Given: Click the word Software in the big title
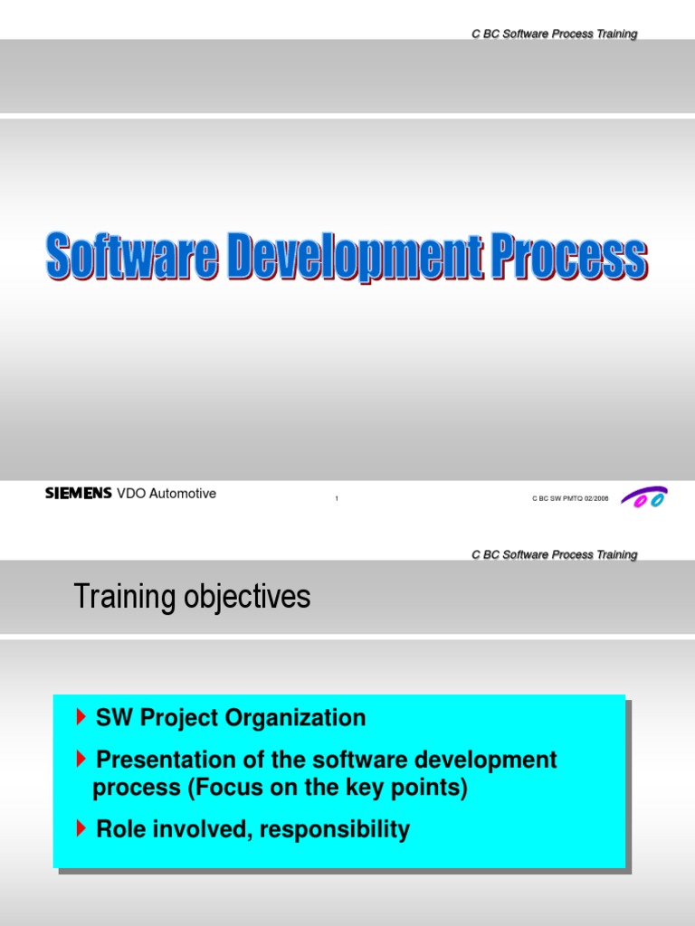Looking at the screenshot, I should point(132,257).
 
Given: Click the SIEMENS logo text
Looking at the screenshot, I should point(79,494).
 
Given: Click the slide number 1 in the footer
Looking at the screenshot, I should point(337,499).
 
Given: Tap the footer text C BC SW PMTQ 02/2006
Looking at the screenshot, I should point(570,498).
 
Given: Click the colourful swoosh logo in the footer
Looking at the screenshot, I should point(643,497).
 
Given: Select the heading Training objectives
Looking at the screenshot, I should point(191,597).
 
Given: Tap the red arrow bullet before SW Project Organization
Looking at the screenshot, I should point(83,718).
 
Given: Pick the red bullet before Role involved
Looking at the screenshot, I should point(83,829).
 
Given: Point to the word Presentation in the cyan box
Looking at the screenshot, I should point(164,760).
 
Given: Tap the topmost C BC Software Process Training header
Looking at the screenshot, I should point(554,34).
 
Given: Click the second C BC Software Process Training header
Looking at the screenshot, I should point(554,555).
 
